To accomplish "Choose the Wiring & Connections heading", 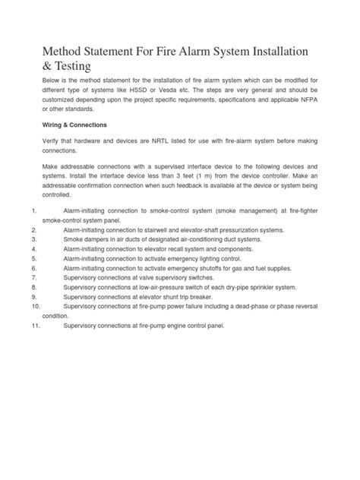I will tap(74, 125).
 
